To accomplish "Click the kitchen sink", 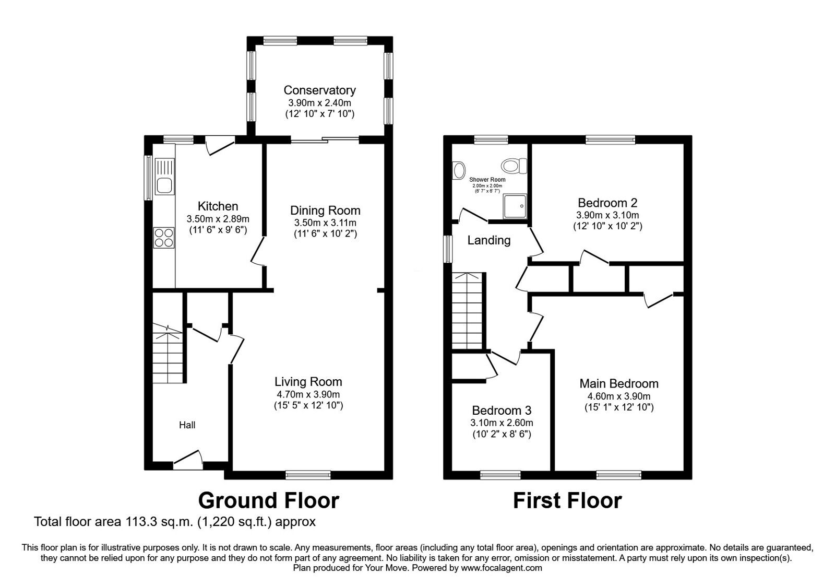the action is (164, 177).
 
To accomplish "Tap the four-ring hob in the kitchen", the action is (164, 238).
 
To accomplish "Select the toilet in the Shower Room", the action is (514, 165).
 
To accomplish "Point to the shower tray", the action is (515, 206).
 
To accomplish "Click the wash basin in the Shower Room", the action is (459, 170).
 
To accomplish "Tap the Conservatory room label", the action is (319, 90).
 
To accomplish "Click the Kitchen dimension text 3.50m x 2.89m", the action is (218, 219).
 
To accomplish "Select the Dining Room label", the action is (325, 210).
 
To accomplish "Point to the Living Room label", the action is (308, 382).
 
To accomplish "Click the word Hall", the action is (187, 425).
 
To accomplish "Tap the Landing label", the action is (488, 240).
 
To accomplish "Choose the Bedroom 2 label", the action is (607, 203).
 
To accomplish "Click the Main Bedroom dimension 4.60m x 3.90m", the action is (619, 396).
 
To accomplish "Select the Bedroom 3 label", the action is (502, 411).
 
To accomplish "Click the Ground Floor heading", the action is (268, 500).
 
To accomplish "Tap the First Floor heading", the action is (567, 500).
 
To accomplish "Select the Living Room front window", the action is (308, 475).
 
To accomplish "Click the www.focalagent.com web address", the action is (502, 568).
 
